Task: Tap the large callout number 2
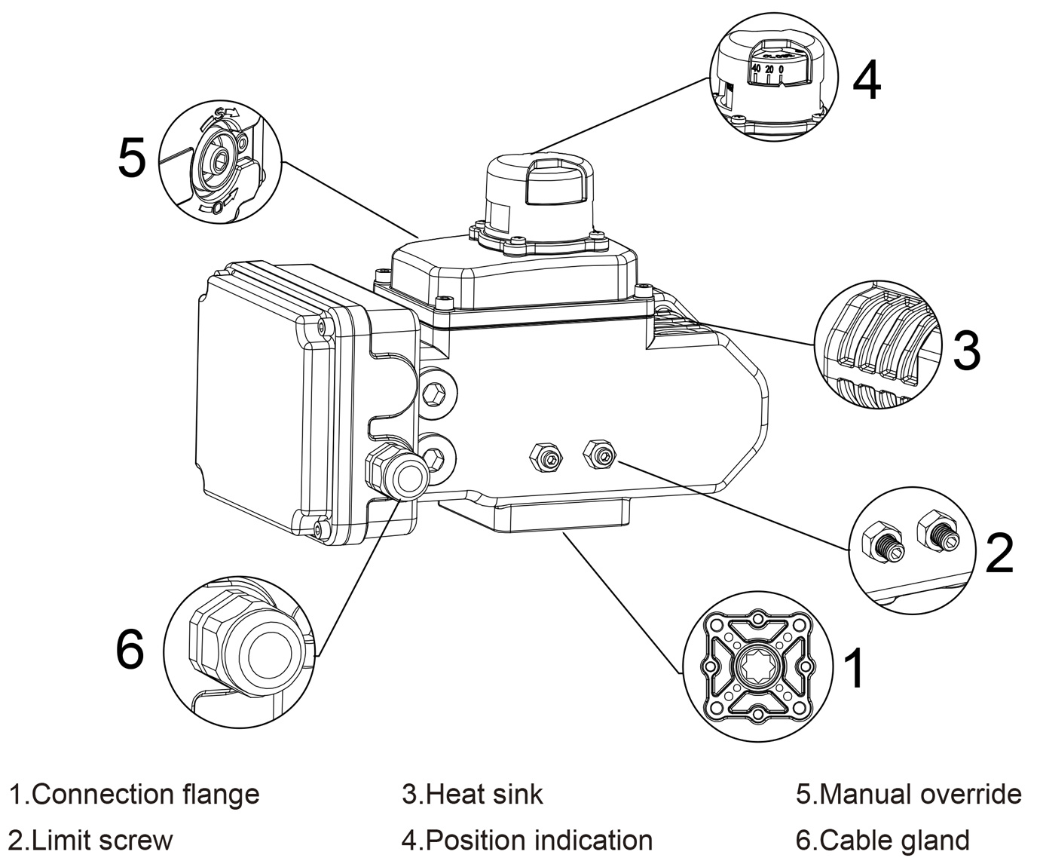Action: tap(999, 552)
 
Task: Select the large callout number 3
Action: tap(966, 350)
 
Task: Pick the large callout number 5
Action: tap(132, 158)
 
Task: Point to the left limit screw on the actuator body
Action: tap(545, 457)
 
